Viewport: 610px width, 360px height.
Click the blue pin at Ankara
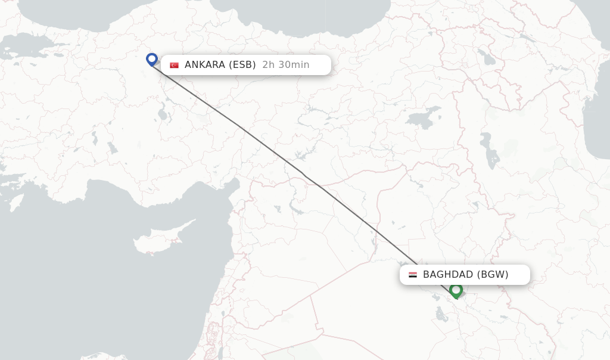[152, 59]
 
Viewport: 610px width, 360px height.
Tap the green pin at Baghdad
[456, 290]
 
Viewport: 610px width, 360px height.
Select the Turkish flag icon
[174, 65]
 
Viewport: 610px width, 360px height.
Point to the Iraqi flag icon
[413, 275]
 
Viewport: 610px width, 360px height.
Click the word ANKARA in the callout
[205, 65]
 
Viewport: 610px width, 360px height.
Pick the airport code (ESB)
[242, 65]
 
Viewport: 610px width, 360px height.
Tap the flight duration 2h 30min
[286, 65]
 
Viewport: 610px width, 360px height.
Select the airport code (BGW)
[493, 275]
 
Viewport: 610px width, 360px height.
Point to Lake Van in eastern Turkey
[424, 117]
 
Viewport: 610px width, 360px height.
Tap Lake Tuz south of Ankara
[161, 113]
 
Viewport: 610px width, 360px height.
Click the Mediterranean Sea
[89, 268]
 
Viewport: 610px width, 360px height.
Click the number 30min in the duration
[295, 65]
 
